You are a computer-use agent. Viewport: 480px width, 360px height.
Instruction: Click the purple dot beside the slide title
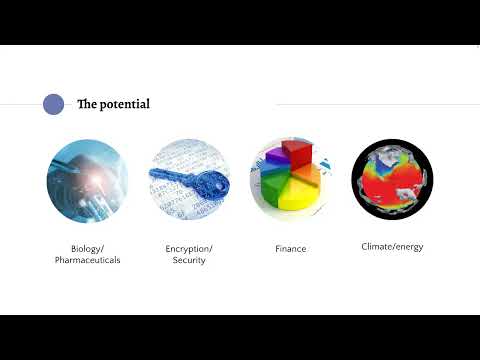pos(54,104)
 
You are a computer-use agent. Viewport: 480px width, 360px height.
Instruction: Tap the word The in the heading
pos(87,104)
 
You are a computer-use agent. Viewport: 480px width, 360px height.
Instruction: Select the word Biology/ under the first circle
pos(87,248)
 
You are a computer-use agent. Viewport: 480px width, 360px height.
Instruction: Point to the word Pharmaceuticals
pos(87,260)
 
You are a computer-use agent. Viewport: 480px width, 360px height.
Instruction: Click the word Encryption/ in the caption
pos(189,248)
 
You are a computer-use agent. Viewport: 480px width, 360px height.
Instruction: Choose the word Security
pos(189,260)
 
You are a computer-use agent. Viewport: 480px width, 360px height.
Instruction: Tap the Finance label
pos(290,248)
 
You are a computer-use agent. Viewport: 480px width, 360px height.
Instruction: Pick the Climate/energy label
pos(392,246)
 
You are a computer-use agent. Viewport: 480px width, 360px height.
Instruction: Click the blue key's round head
pos(209,184)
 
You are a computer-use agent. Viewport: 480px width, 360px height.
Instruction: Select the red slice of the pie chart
pos(297,155)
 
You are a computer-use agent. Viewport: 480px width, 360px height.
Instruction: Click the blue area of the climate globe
pos(374,165)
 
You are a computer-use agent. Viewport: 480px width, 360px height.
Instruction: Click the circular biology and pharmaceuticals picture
pos(87,180)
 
